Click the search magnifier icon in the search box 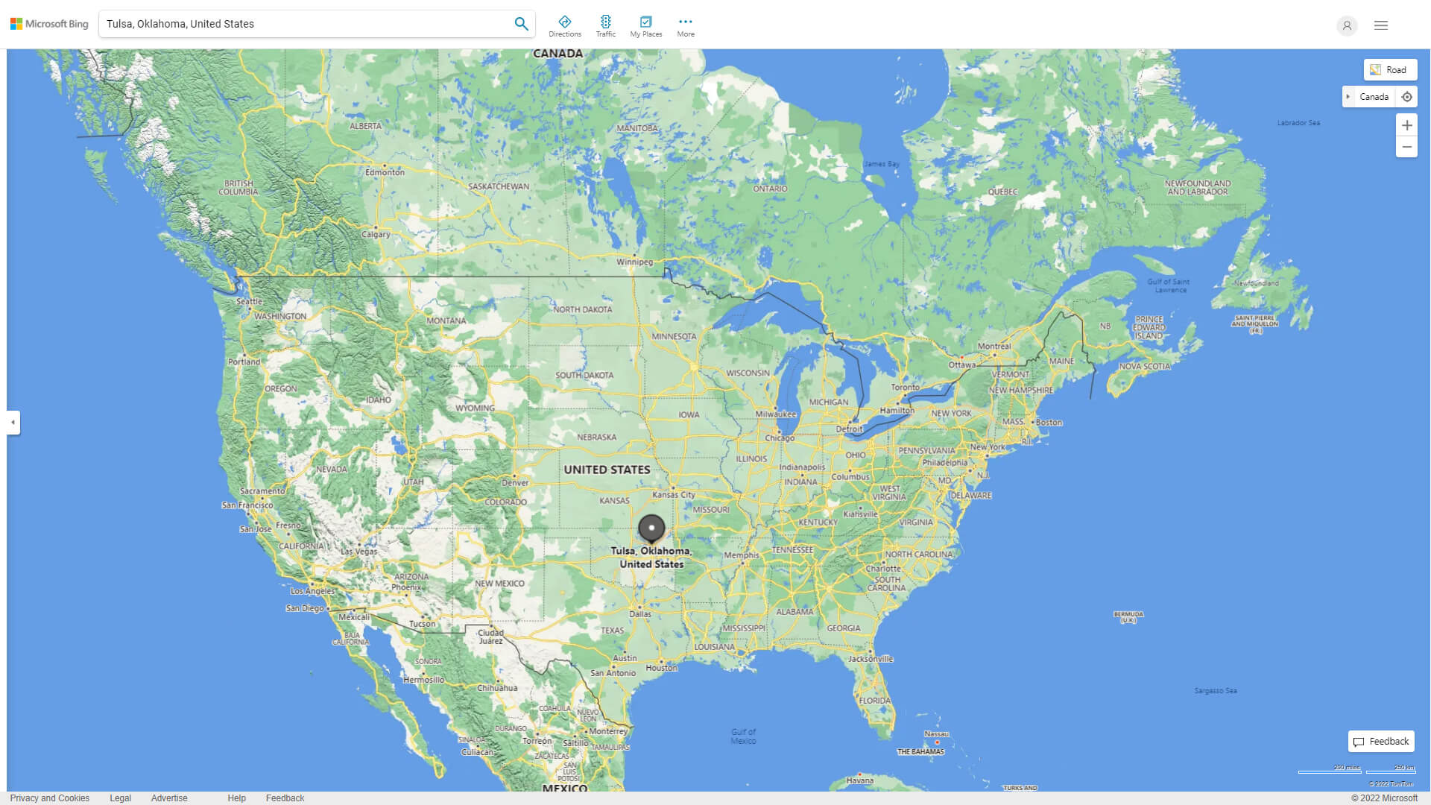coord(521,24)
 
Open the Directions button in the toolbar coord(564,25)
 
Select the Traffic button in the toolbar coord(605,25)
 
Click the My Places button coord(645,25)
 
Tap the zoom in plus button coord(1406,125)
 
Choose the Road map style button coord(1390,70)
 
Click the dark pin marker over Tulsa coord(651,528)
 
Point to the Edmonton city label coord(385,172)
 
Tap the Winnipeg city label coord(634,262)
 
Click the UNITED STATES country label coord(607,470)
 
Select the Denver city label coord(515,482)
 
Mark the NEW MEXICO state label coord(499,584)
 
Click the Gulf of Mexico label coord(743,736)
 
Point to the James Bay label coord(881,164)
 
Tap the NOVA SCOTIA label coord(1144,366)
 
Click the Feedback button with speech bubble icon coord(1381,742)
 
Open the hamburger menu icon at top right coord(1381,25)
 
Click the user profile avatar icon coord(1347,25)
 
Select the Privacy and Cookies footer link coord(50,798)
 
